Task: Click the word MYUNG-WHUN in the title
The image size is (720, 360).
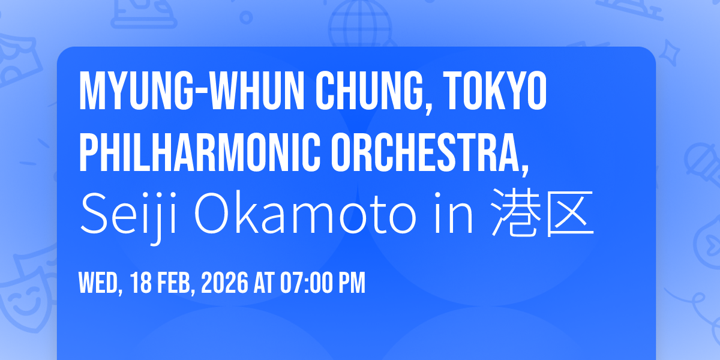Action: point(191,91)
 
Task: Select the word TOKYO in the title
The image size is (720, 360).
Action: point(495,91)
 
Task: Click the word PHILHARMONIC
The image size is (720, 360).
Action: point(200,152)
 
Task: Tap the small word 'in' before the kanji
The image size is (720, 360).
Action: point(454,212)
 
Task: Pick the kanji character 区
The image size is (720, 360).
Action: point(569,214)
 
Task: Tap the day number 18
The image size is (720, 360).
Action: point(141,283)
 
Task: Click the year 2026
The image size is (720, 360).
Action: point(224,283)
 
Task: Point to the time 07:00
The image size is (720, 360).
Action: point(307,283)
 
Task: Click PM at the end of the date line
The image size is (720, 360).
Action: point(352,283)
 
